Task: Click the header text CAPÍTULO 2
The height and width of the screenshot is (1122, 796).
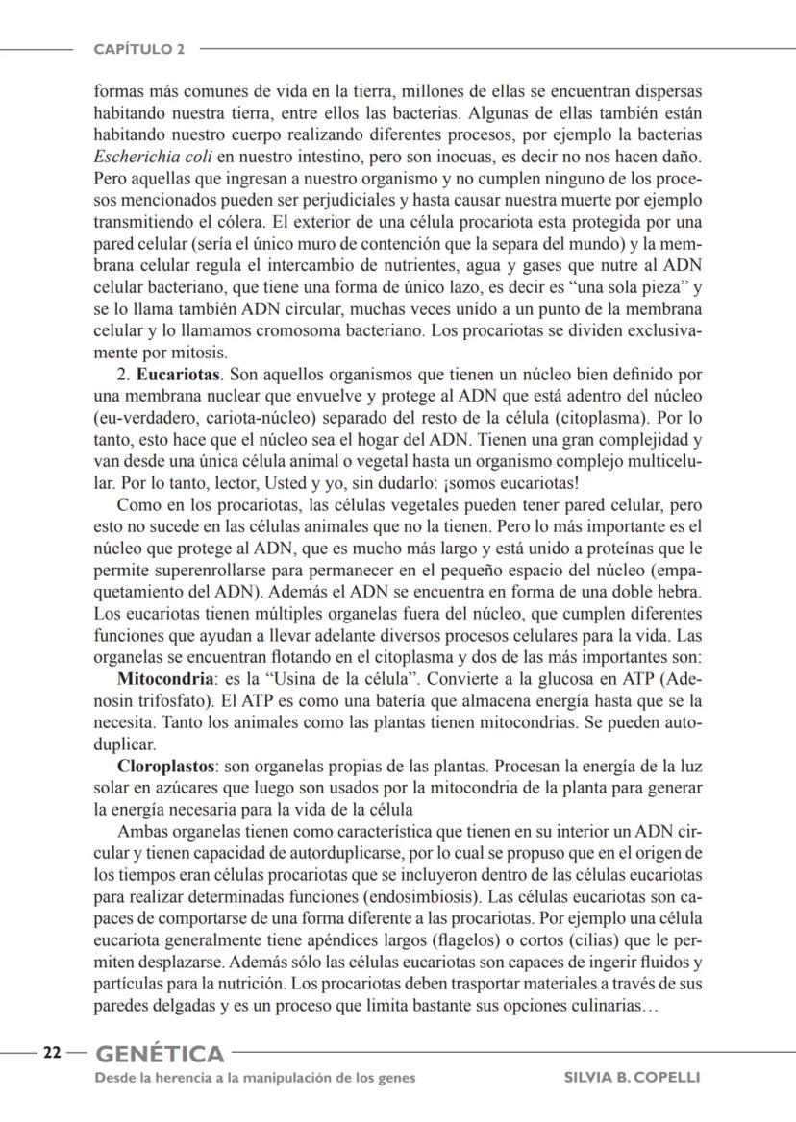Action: click(x=139, y=48)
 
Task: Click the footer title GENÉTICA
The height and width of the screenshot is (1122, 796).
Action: click(x=159, y=1054)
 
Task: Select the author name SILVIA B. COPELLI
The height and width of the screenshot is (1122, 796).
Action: click(x=632, y=1077)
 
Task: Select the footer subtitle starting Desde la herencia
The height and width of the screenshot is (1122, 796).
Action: click(x=255, y=1077)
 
